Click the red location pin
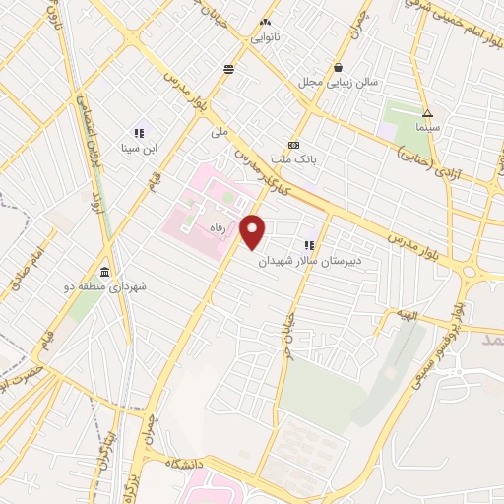tap(253, 232)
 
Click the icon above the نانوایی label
tap(264, 21)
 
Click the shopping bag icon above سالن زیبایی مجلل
tap(339, 68)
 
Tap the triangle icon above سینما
tap(428, 112)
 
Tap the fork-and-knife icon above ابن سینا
tap(139, 133)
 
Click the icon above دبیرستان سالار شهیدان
tap(309, 244)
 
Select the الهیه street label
tap(409, 316)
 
